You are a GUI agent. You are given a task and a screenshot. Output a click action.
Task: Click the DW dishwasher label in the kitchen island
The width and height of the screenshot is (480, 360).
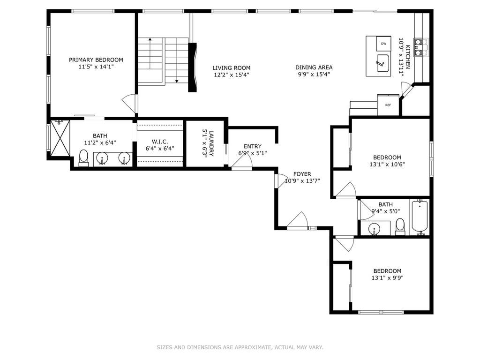pyautogui.click(x=383, y=44)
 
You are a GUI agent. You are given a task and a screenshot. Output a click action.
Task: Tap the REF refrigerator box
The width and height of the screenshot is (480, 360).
pyautogui.click(x=388, y=105)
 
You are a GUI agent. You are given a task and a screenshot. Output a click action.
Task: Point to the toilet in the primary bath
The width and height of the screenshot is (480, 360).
pyautogui.click(x=83, y=158)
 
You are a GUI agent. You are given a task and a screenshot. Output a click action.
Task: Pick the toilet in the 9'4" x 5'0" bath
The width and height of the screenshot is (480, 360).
pyautogui.click(x=400, y=227)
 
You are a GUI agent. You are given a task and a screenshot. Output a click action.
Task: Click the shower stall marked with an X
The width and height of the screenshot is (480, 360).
pyautogui.click(x=60, y=138)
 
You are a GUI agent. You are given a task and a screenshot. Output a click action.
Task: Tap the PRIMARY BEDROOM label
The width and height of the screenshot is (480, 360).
pyautogui.click(x=96, y=60)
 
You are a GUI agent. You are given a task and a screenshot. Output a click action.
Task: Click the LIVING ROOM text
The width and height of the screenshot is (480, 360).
pyautogui.click(x=232, y=67)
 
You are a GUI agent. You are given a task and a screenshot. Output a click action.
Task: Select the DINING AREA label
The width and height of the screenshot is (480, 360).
pyautogui.click(x=314, y=67)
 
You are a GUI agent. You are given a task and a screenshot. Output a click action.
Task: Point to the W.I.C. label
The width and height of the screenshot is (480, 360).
pyautogui.click(x=160, y=142)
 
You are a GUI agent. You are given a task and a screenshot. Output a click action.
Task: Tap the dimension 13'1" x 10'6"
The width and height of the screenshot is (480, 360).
pyautogui.click(x=387, y=164)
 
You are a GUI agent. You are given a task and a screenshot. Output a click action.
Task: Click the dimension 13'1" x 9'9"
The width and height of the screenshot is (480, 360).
pyautogui.click(x=387, y=277)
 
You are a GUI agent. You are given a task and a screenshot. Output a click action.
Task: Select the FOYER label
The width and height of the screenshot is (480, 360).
pyautogui.click(x=302, y=174)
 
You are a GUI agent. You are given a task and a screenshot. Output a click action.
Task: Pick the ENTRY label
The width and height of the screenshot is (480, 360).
pyautogui.click(x=253, y=146)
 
